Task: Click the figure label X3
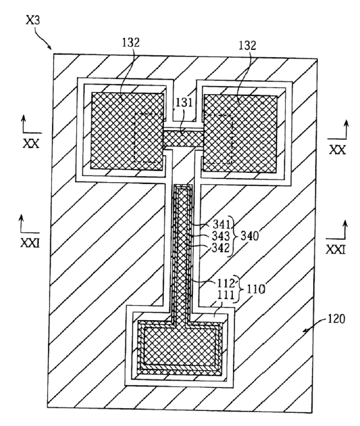click(33, 20)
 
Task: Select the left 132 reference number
click(130, 43)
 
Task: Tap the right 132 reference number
click(247, 45)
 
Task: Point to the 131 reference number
click(184, 103)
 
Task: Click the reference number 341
click(221, 224)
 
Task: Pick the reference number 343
click(220, 236)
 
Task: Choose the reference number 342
click(220, 248)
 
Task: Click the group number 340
click(249, 236)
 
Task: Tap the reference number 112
click(226, 283)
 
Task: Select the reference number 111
click(226, 295)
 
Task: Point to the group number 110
click(255, 289)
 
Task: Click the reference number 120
click(336, 319)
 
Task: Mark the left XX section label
click(31, 143)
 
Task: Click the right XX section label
click(338, 149)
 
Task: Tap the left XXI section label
click(30, 243)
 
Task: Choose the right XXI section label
click(336, 249)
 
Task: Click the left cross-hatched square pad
click(127, 131)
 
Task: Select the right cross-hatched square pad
click(240, 133)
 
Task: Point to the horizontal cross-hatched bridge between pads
click(184, 138)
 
